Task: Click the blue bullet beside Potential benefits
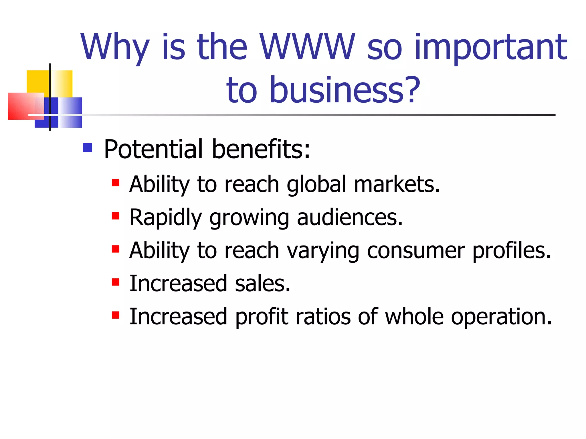tap(87, 147)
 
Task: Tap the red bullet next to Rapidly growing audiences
tap(116, 216)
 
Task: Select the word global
tap(316, 184)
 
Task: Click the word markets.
tap(397, 184)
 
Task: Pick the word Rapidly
tap(166, 218)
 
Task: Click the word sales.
tap(262, 284)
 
